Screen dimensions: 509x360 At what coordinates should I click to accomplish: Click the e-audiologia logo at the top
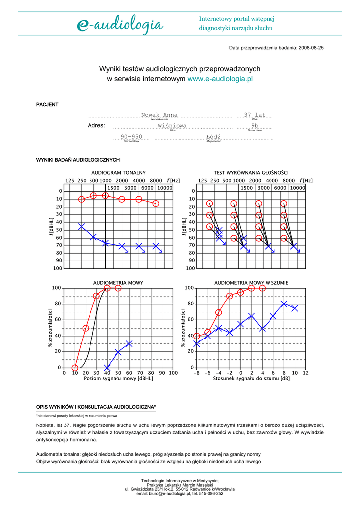click(119, 24)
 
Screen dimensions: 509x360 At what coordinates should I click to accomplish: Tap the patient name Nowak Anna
click(159, 115)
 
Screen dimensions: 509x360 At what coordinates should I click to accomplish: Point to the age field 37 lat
click(255, 115)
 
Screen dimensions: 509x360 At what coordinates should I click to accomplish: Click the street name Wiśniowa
click(172, 126)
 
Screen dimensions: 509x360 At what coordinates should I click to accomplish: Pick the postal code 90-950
click(131, 137)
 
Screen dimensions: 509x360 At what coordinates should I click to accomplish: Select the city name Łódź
click(213, 137)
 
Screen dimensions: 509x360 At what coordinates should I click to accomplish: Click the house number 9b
click(255, 126)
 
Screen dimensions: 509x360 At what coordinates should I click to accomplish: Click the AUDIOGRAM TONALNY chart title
click(118, 172)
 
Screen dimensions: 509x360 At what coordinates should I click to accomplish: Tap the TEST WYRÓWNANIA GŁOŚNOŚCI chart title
click(251, 172)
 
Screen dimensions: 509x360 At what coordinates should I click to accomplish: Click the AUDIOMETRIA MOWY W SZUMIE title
click(251, 283)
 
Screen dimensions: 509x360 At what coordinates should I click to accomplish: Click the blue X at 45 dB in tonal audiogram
click(82, 226)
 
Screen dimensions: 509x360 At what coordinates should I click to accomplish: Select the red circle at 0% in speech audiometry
click(75, 368)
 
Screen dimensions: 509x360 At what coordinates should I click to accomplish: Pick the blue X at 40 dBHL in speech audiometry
click(107, 368)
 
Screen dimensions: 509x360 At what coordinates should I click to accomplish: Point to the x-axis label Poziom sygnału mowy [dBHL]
click(118, 379)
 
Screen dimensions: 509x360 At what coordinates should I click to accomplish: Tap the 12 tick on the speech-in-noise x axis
click(305, 373)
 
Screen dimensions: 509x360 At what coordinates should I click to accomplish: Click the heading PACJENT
click(47, 105)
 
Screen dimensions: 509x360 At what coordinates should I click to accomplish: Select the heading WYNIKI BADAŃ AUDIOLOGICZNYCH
click(78, 160)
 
